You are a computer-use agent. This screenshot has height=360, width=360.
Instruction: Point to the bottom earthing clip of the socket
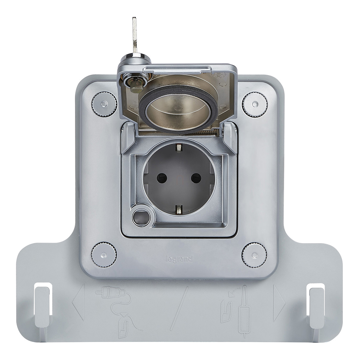pos(179,209)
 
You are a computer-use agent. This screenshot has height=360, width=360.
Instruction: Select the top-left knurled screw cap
pos(104,103)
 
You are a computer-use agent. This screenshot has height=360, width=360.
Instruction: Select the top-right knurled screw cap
pos(255,103)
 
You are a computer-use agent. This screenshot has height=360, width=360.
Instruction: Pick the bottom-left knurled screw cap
pos(104,254)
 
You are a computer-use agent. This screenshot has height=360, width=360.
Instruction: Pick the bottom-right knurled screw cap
pos(254,254)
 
